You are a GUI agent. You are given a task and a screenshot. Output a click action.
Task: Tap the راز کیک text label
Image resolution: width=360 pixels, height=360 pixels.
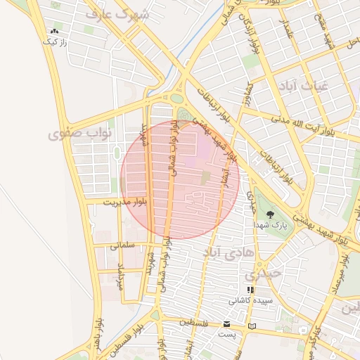(54, 42)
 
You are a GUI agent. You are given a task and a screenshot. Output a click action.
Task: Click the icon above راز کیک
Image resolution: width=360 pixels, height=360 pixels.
(54, 32)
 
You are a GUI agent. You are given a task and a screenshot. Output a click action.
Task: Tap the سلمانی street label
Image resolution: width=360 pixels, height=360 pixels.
(123, 245)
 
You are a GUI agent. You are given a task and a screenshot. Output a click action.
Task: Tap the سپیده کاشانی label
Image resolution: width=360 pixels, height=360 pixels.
(249, 300)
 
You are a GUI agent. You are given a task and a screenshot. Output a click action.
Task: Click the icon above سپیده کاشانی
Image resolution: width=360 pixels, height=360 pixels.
(250, 289)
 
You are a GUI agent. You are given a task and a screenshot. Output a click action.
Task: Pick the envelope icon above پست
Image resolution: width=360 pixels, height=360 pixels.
(226, 324)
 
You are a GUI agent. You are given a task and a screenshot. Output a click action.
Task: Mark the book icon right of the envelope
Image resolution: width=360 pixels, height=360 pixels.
(252, 326)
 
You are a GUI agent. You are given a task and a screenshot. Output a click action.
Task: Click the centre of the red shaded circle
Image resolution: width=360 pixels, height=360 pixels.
(180, 179)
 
